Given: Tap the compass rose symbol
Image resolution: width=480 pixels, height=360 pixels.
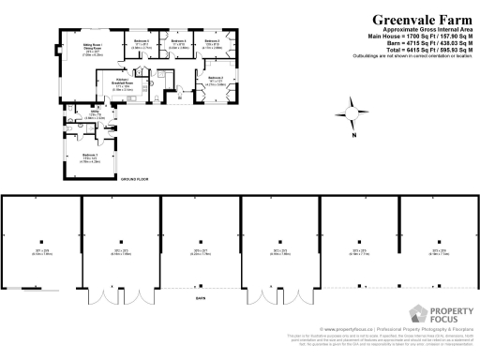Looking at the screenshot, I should [x=352, y=112].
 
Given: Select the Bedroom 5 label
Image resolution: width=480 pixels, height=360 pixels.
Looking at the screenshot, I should [x=141, y=43].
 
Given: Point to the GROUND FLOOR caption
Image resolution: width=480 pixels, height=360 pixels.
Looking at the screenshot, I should [x=135, y=176].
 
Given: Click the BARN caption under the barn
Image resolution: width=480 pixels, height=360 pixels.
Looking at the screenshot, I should [x=200, y=299].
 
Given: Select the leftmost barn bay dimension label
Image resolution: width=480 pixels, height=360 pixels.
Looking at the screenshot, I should [x=39, y=252].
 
